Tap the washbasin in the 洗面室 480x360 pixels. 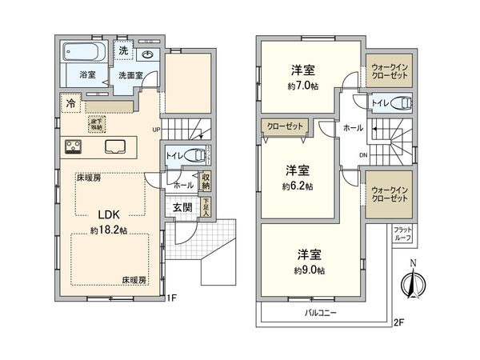pyautogui.click(x=147, y=54)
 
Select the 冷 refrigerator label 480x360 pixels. pyautogui.click(x=71, y=103)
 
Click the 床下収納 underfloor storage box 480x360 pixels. pyautogui.click(x=96, y=124)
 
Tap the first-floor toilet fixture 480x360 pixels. pyautogui.click(x=186, y=155)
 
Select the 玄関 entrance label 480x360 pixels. pyautogui.click(x=182, y=207)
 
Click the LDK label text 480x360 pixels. pyautogui.click(x=109, y=214)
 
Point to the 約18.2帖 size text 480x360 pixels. pyautogui.click(x=109, y=230)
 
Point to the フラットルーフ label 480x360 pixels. pyautogui.click(x=402, y=233)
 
